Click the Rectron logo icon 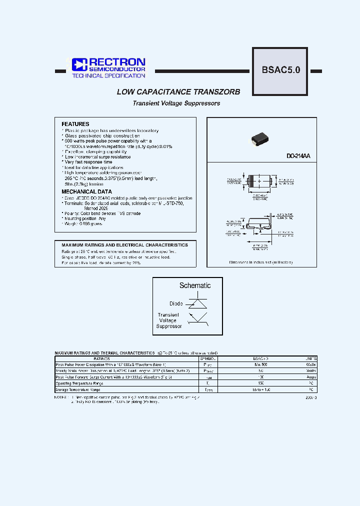79,64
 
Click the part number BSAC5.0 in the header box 280,70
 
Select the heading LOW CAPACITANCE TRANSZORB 178,92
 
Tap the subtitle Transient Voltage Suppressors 176,103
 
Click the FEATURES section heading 75,124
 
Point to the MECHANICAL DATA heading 86,191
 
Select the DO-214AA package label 298,156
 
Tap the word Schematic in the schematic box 195,285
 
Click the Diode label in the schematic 176,303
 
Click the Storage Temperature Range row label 78,389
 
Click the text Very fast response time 88,162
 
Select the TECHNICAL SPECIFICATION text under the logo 108,75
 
